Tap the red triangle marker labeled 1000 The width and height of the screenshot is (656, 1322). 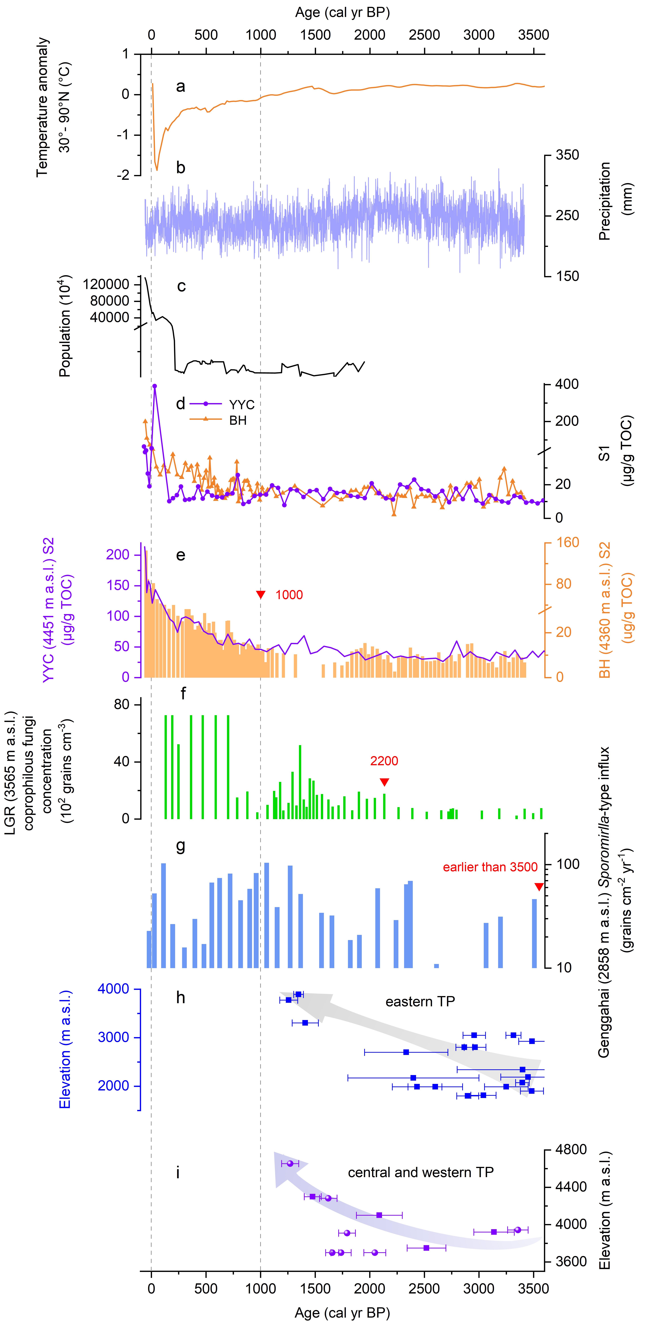261,595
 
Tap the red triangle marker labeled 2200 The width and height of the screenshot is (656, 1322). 384,782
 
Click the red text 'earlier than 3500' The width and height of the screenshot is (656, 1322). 490,867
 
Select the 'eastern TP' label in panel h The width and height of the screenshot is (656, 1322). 420,1001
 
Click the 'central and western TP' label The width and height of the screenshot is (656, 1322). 421,1172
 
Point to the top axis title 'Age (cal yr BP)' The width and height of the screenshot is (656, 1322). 342,13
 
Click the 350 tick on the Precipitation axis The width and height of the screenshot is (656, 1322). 567,155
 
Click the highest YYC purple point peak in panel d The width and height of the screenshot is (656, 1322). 154,386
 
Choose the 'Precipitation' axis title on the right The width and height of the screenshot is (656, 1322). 605,201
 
